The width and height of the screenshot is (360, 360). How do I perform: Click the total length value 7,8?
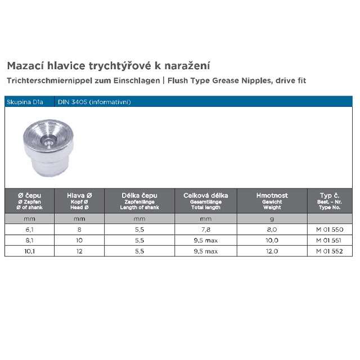tap(206, 229)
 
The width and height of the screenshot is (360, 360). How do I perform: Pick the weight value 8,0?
tap(272, 229)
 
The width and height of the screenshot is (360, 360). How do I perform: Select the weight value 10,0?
tap(272, 240)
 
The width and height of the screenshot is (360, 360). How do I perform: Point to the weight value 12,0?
tap(272, 251)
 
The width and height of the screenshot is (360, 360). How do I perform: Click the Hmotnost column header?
tap(272, 196)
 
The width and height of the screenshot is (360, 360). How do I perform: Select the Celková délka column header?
tap(206, 196)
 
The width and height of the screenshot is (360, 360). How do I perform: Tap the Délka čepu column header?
tap(140, 196)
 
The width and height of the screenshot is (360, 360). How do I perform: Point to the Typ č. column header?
tap(330, 196)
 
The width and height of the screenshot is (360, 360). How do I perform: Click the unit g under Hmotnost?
tap(272, 218)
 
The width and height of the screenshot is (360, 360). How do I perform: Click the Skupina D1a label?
tap(22, 102)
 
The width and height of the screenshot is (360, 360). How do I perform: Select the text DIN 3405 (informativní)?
tap(94, 102)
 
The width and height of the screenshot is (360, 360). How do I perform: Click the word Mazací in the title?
tap(24, 66)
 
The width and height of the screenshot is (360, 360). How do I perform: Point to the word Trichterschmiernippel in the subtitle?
tap(44, 80)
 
